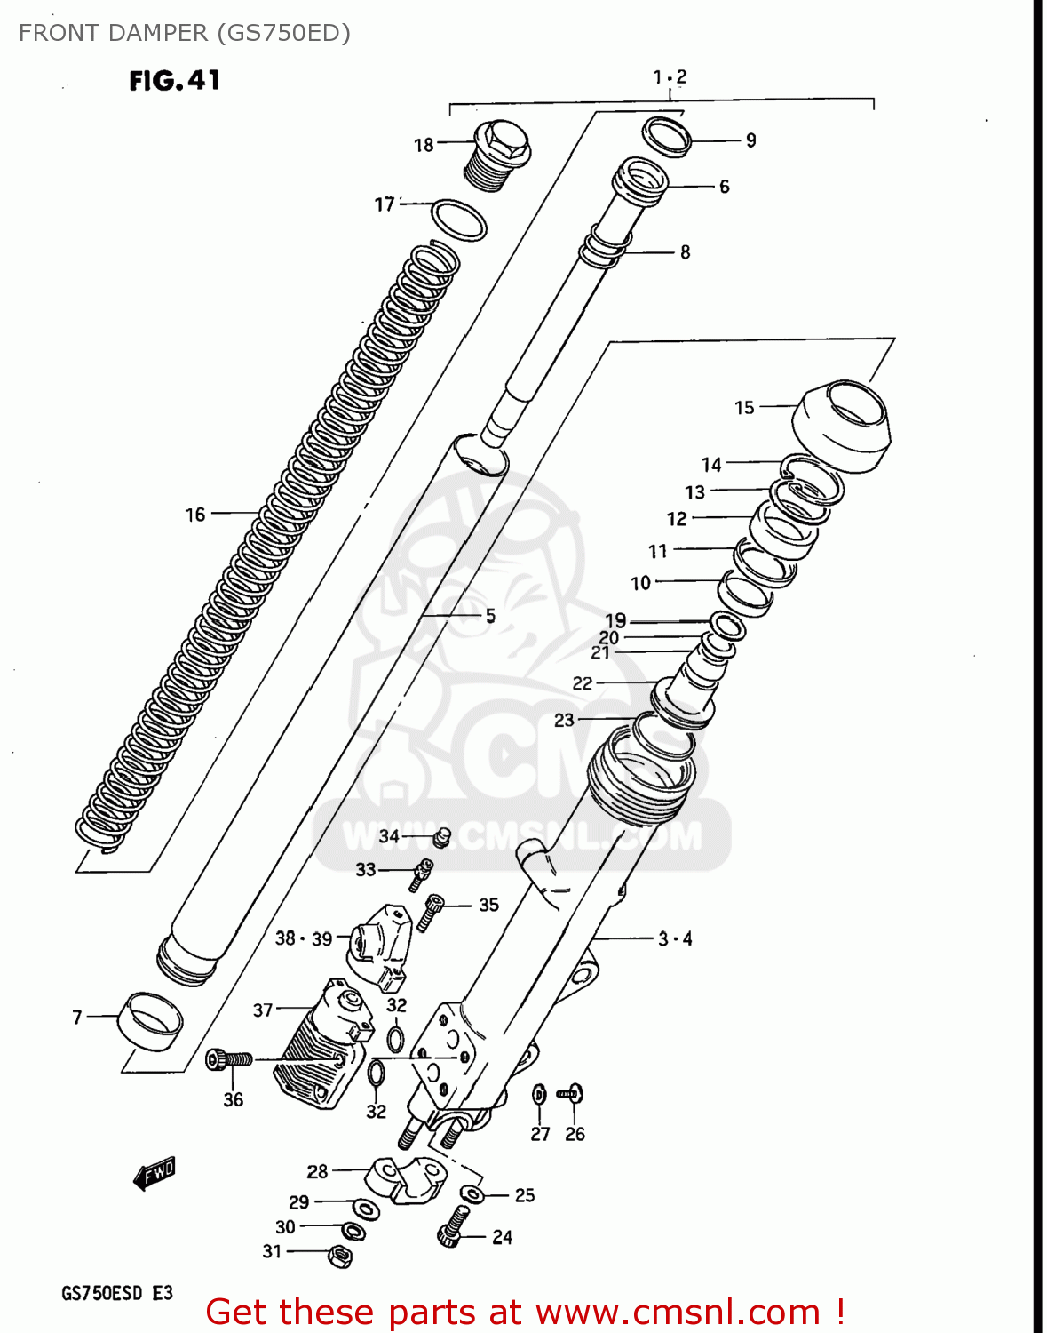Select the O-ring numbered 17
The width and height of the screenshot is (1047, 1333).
pos(459,220)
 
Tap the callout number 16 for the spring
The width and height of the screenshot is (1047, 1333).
pos(195,515)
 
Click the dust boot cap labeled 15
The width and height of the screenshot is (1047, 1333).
pos(842,425)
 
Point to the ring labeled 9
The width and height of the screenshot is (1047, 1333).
pos(667,136)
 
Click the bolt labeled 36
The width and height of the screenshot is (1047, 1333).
pos(229,1059)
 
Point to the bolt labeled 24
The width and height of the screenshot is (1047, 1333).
pos(453,1227)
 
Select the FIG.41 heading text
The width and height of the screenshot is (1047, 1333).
pos(175,81)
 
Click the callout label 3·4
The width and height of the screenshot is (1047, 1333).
pos(675,938)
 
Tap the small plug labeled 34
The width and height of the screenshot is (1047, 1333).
pos(443,835)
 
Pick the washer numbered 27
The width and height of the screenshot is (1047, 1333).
pos(539,1096)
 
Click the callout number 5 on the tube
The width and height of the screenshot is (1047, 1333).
pos(490,616)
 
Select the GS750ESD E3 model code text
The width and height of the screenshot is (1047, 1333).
pos(116,1293)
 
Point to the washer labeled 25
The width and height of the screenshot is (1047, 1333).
pos(472,1194)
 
